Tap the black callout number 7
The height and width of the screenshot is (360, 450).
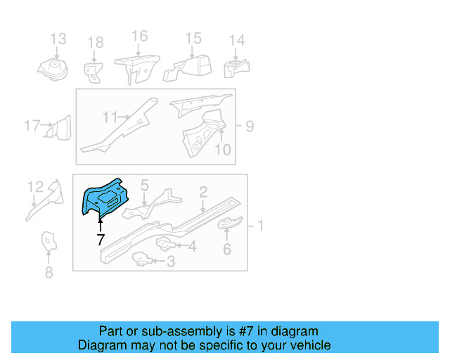coord(101,240)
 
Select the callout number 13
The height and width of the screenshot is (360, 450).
coord(58,39)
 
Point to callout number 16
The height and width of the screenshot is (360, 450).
coord(139,36)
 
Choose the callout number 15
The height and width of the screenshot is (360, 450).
coord(193,39)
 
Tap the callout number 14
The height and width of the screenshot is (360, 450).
coord(237,41)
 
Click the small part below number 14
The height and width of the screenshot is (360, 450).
coord(237,69)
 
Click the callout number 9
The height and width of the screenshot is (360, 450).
coord(249,127)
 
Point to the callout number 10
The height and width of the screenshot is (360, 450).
coord(222,149)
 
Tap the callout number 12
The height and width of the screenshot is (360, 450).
coord(35,186)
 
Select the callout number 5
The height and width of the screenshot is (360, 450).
coord(144,185)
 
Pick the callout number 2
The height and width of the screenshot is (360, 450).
coord(202,191)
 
